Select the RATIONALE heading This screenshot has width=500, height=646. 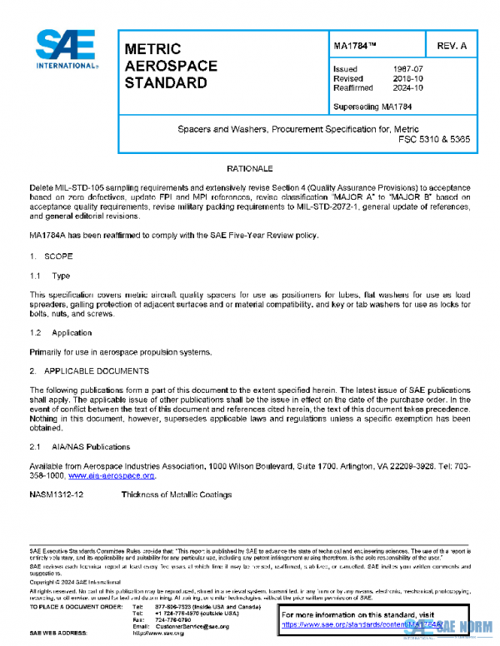coord(250,169)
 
